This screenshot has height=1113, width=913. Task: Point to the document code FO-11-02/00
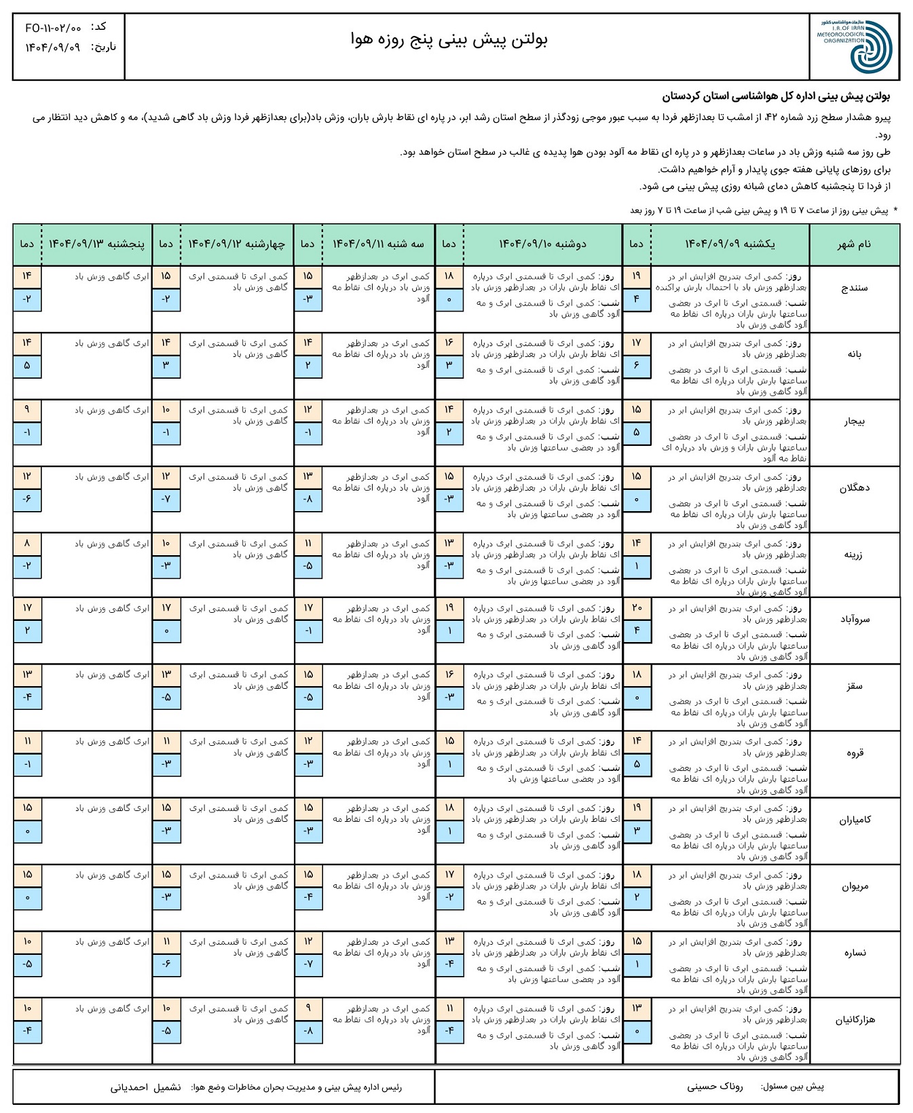pos(53,29)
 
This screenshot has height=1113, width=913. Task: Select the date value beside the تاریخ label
pos(53,48)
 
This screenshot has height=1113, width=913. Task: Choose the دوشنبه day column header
pos(542,244)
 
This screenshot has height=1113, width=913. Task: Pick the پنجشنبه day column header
pos(96,244)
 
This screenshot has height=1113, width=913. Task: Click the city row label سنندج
pos(854,288)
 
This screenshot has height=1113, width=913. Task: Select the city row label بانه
pos(854,354)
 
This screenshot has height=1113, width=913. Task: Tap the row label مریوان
pos(854,886)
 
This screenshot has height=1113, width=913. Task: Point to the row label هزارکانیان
pos(854,1020)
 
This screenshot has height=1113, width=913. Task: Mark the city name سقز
pos(854,686)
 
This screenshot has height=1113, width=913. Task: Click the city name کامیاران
pos(854,820)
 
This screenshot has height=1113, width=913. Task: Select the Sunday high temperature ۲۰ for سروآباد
pos(636,608)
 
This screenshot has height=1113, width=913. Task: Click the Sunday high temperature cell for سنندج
pos(636,276)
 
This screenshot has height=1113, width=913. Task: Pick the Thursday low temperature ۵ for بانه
pos(27,366)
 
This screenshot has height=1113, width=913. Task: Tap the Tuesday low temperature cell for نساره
pos(308,964)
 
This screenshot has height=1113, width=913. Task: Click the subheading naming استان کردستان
pos(781,96)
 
